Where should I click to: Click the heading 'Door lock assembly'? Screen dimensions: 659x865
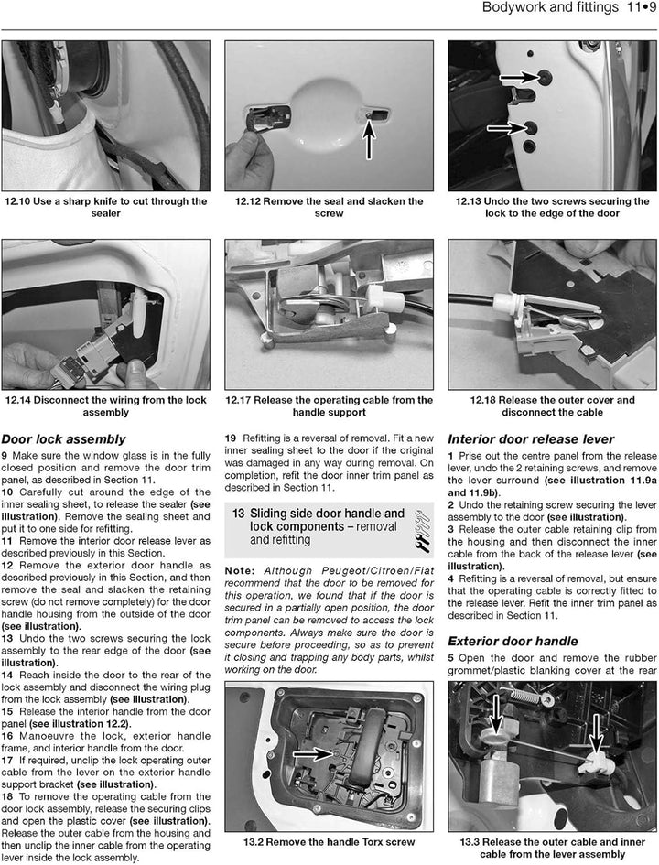[x=63, y=439]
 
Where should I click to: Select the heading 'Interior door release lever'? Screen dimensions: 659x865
[x=531, y=439]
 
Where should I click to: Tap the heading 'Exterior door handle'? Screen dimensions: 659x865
[x=513, y=641]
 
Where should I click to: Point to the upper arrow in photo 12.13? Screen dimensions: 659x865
[x=520, y=77]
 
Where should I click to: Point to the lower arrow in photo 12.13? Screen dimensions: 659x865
[x=506, y=128]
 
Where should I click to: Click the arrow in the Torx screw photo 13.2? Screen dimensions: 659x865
[x=312, y=753]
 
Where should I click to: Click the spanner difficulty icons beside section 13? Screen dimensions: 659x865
[x=423, y=530]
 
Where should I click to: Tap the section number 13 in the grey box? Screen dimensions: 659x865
[x=238, y=514]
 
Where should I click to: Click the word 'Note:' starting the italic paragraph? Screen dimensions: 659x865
[x=240, y=571]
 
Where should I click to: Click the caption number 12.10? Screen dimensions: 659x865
[x=17, y=201]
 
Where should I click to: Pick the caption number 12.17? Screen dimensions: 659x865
[x=238, y=400]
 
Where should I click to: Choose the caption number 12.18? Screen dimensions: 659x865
[x=483, y=400]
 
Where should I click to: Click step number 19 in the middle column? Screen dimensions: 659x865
[x=231, y=438]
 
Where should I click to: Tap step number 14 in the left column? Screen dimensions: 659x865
[x=7, y=675]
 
